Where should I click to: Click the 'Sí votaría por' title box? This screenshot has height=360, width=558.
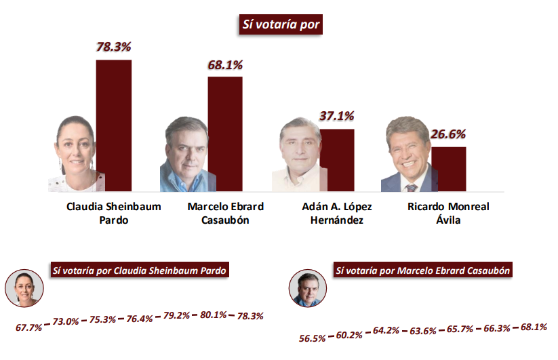tap(279, 24)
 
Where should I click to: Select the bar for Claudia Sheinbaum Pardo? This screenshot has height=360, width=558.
tap(113, 125)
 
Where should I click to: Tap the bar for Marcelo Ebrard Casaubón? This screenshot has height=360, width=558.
tap(224, 134)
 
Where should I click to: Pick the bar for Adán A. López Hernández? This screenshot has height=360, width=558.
tap(337, 160)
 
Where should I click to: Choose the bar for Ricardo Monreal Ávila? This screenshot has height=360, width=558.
tap(449, 169)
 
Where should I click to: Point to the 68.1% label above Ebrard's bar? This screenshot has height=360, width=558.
tap(225, 65)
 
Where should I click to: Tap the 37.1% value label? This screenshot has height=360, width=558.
tap(337, 117)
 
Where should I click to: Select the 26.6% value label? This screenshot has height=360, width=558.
tap(449, 134)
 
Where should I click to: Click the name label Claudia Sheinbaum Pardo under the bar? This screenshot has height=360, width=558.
tap(113, 213)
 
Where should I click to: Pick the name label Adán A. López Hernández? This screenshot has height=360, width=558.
tap(337, 213)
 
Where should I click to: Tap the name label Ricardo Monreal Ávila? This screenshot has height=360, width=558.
tap(449, 213)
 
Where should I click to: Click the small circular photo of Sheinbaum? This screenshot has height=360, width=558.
tap(25, 288)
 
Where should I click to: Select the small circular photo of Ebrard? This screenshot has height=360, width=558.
tap(308, 289)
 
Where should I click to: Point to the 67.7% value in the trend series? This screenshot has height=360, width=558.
tap(29, 327)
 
